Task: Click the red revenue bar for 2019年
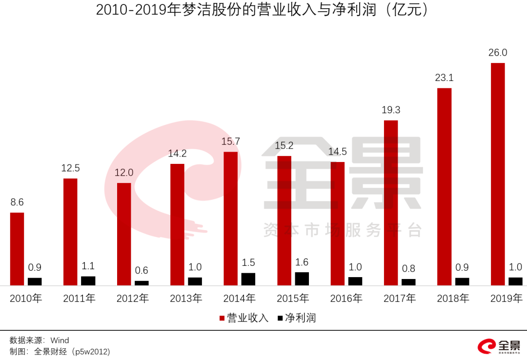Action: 498,174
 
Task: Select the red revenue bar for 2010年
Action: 17,249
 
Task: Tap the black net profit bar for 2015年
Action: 302,279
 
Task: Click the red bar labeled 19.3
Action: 391,202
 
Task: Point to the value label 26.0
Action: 498,53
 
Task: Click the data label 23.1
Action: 445,78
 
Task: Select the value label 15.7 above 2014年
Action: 231,141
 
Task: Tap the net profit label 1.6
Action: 302,262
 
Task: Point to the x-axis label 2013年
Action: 186,299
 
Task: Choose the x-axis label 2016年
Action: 346,299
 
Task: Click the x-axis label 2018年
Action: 453,299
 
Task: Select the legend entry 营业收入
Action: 244,318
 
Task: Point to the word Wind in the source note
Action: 60,340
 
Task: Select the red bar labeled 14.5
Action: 338,223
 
